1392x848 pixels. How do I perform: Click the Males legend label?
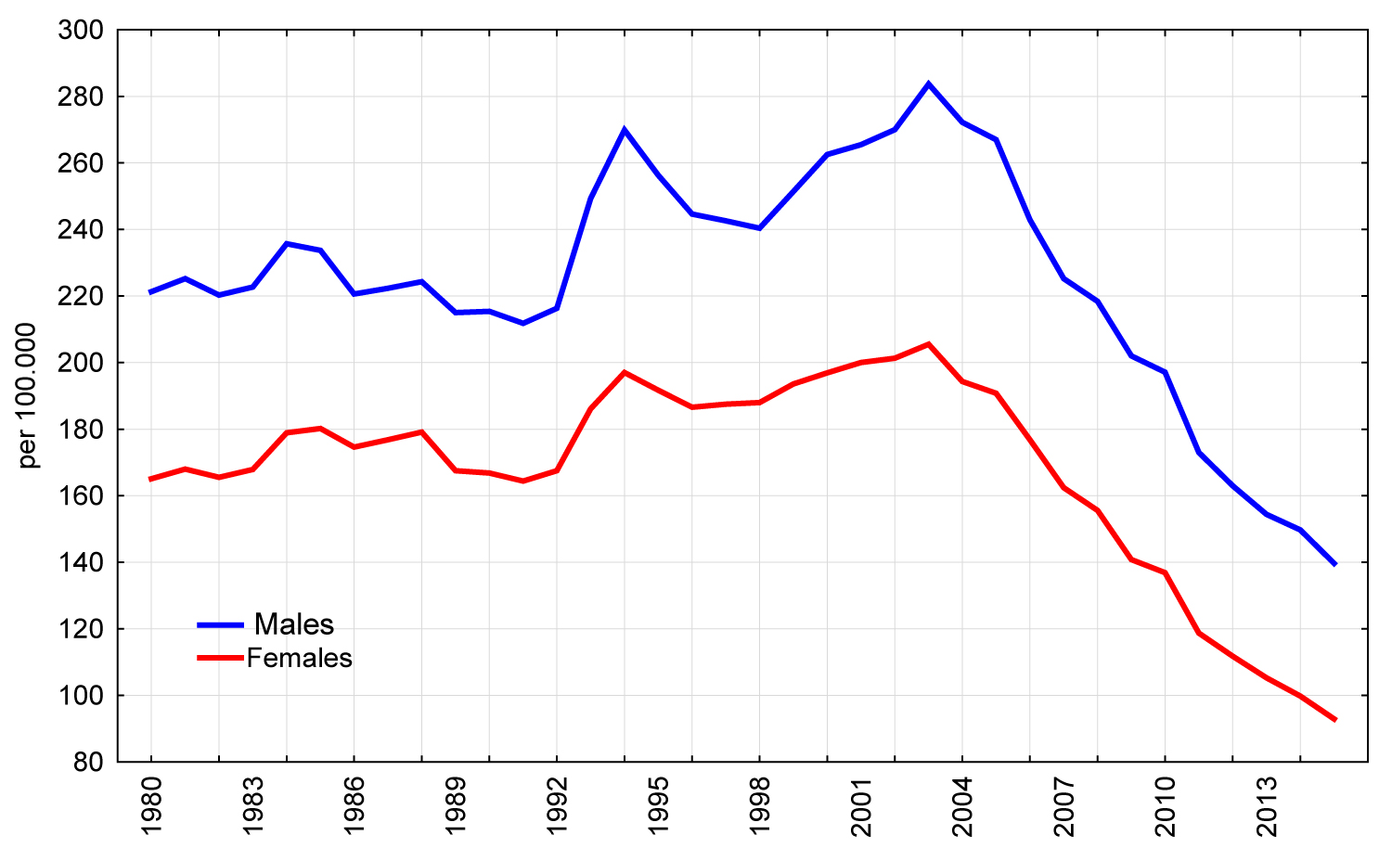pyautogui.click(x=293, y=624)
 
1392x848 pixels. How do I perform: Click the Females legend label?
pyautogui.click(x=300, y=659)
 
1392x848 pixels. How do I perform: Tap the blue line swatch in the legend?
pyautogui.click(x=220, y=625)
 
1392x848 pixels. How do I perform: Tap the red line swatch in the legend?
pyautogui.click(x=220, y=659)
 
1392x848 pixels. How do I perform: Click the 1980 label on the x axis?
pyautogui.click(x=151, y=805)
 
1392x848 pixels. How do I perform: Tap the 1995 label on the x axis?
pyautogui.click(x=658, y=805)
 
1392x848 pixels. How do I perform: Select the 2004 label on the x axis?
pyautogui.click(x=962, y=805)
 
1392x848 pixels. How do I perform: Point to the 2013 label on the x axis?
pyautogui.click(x=1267, y=805)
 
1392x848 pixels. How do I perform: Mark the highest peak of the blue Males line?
pyautogui.click(x=928, y=84)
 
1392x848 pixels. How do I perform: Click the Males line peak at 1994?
pyautogui.click(x=625, y=129)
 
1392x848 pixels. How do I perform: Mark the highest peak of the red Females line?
pyautogui.click(x=928, y=344)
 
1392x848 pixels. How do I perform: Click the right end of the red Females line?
pyautogui.click(x=1334, y=720)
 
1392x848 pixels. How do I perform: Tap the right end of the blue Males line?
pyautogui.click(x=1334, y=564)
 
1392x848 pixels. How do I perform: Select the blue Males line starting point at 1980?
pyautogui.click(x=151, y=292)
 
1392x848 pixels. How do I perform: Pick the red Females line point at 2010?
pyautogui.click(x=1165, y=572)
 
